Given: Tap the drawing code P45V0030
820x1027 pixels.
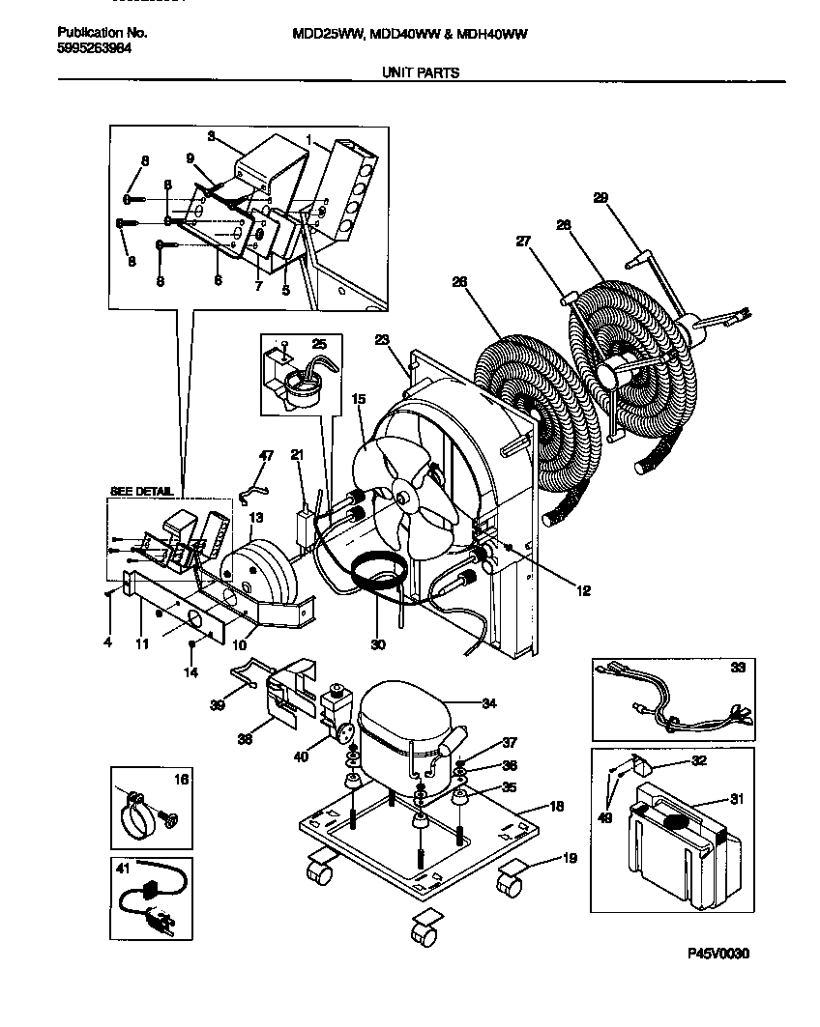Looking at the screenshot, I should [719, 954].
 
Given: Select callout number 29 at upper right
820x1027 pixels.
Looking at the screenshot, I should [600, 198].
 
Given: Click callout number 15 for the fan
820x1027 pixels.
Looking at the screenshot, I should [359, 398].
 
